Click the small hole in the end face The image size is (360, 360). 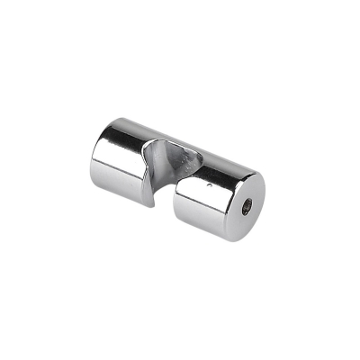(x=247, y=208)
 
